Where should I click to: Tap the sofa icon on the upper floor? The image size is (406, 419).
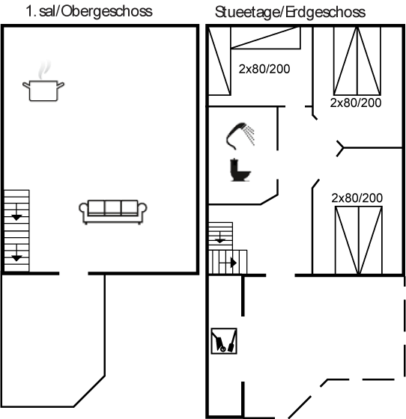pos(113,212)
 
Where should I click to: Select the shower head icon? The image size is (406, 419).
pos(240,135)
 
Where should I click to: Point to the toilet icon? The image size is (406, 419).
pos(240,170)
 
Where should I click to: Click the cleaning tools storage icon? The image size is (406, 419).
pos(224,341)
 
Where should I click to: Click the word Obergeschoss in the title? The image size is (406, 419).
pos(107,11)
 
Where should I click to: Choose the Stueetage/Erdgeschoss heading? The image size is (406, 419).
pos(290,12)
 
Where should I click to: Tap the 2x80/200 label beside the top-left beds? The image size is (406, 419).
pos(264,69)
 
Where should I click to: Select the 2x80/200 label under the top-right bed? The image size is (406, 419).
pos(356,103)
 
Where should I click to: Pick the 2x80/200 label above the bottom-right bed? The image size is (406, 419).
pos(357,198)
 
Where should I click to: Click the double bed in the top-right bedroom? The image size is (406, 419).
pos(357,61)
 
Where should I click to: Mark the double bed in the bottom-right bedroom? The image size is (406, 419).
pos(359,240)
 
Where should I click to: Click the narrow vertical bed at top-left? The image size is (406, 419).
pos(219,61)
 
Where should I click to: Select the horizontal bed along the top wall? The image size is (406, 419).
pos(266,37)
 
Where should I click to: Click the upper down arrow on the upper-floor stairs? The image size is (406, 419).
pos(16,212)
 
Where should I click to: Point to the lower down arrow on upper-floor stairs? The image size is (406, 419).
pos(16,253)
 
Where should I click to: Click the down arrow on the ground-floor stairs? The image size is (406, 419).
pos(219,237)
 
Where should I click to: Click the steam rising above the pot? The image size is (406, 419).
pos(44,70)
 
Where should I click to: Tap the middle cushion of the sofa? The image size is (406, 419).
pos(113,207)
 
